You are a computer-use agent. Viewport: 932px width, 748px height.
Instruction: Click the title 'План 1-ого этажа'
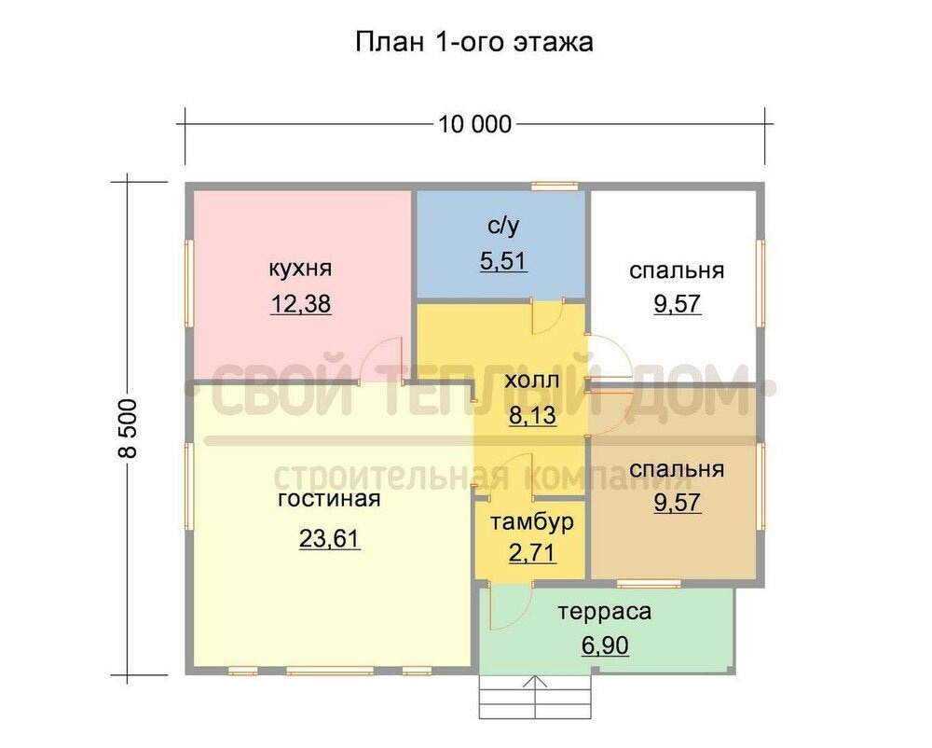pos(473,42)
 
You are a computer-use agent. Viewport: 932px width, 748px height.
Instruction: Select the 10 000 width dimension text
pos(473,124)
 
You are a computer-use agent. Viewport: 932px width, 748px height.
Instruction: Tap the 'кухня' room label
pos(300,269)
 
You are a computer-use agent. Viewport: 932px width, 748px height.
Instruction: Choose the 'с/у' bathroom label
pos(503,227)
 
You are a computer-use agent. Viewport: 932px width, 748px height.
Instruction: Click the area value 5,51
pos(503,261)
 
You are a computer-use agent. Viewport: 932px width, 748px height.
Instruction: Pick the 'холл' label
pos(531,381)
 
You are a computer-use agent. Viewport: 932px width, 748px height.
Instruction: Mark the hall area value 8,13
pos(531,415)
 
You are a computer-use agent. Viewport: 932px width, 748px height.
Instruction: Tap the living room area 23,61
pos(329,538)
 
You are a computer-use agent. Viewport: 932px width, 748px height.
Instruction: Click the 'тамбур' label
pos(532,520)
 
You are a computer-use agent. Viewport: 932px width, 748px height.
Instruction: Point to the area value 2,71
pos(532,552)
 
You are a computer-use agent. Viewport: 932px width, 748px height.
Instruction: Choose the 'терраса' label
pos(604,612)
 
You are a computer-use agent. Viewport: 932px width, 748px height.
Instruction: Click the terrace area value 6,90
pos(605,646)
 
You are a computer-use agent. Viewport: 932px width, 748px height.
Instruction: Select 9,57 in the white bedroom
pos(677,304)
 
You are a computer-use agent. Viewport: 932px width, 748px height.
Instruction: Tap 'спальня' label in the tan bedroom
pos(677,468)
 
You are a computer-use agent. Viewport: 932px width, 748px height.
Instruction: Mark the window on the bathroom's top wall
pos(554,185)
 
